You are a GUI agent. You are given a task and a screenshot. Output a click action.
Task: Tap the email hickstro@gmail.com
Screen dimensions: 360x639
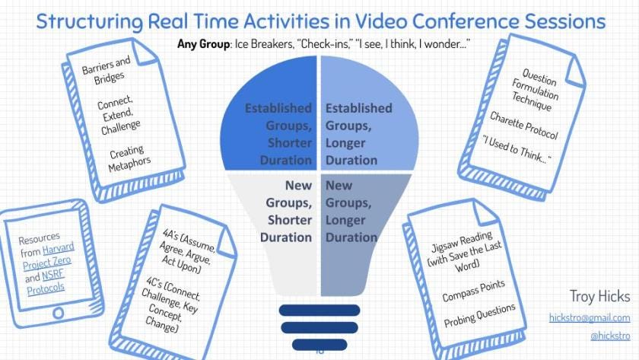click(x=589, y=317)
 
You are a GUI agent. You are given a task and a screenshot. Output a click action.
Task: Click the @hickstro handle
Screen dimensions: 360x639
click(x=609, y=335)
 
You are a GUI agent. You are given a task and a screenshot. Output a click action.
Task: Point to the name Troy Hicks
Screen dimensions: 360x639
click(x=599, y=296)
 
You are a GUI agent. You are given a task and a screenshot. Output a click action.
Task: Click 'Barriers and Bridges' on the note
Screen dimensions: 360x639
click(x=106, y=71)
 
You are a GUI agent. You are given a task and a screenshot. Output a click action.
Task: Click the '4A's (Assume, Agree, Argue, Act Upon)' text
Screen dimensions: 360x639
click(x=186, y=251)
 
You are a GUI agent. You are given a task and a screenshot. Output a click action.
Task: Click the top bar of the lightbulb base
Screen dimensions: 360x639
click(x=319, y=309)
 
